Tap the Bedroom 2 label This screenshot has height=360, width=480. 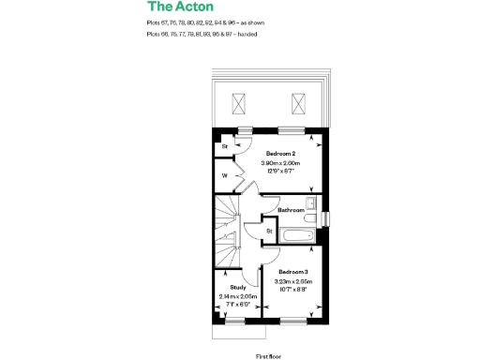(x=280, y=153)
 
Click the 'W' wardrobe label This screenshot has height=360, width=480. (x=225, y=175)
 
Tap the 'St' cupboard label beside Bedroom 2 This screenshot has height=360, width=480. (x=225, y=146)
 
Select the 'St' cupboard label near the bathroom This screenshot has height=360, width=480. (x=269, y=230)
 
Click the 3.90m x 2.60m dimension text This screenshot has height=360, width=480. (x=280, y=163)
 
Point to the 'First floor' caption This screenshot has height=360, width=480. (x=269, y=356)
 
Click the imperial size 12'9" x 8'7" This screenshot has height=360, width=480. (x=280, y=172)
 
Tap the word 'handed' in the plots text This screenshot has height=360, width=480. (x=247, y=34)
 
